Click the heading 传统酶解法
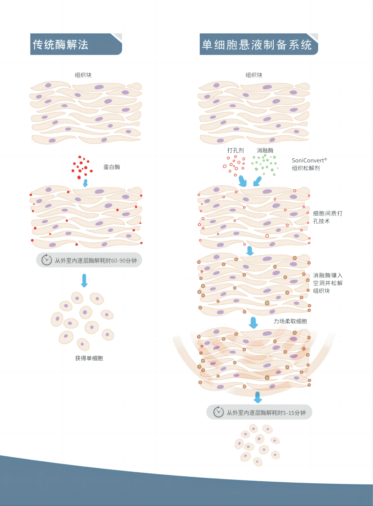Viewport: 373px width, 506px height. click(60, 45)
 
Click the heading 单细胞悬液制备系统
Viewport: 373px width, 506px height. click(257, 45)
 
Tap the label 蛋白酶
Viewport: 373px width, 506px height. click(112, 167)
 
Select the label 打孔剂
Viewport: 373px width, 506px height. click(235, 150)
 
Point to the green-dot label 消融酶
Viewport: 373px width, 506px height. click(265, 150)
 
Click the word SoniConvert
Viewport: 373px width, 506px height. click(308, 161)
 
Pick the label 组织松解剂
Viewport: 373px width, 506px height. click(306, 168)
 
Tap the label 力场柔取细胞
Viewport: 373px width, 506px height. click(290, 321)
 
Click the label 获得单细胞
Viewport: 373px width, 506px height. click(89, 358)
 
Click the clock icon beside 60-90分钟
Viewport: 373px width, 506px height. click(46, 260)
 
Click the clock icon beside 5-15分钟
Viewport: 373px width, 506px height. click(219, 412)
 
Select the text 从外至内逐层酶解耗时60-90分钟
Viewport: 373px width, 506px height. click(96, 261)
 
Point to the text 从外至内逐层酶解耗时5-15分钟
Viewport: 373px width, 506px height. click(266, 413)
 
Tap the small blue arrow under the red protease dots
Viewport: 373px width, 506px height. click(85, 183)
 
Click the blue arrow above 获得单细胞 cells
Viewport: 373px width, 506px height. click(84, 281)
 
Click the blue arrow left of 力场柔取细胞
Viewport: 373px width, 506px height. click(254, 322)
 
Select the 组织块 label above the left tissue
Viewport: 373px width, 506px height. click(83, 75)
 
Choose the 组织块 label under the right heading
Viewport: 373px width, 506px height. click(254, 75)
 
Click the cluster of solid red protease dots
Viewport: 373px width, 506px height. click(82, 167)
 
